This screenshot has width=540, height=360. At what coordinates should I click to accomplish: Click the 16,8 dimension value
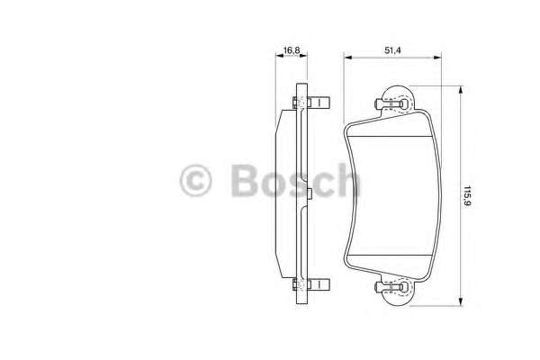point(292,50)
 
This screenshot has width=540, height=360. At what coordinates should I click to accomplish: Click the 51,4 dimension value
point(393,50)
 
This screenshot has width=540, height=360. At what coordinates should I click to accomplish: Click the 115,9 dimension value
point(467,196)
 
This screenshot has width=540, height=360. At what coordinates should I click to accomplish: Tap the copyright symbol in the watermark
point(195,181)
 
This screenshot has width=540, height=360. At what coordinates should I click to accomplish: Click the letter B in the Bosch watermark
point(245,180)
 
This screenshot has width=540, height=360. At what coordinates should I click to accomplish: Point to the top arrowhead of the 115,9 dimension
point(461,90)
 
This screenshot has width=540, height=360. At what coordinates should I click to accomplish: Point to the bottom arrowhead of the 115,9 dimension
point(461,301)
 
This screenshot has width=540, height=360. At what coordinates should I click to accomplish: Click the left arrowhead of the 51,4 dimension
point(347,58)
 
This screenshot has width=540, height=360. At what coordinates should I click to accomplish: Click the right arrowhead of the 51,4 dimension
point(437,58)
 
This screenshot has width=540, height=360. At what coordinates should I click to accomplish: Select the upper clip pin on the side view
point(311,103)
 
